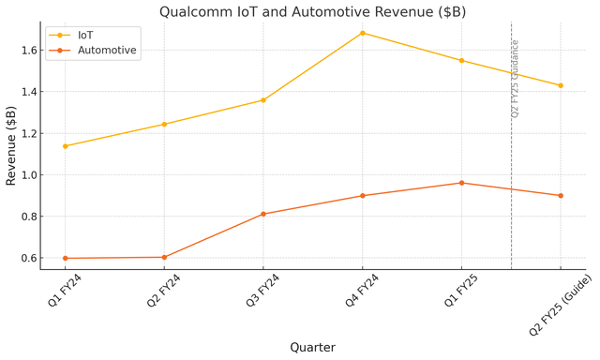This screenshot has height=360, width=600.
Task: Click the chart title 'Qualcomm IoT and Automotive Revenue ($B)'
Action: pos(312,12)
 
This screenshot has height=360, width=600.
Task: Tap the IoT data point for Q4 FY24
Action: pos(363,33)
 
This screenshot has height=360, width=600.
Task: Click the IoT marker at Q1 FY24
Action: pos(65,146)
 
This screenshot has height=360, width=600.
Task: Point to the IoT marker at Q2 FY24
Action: pos(164,124)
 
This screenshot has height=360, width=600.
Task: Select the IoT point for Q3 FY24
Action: pos(263,100)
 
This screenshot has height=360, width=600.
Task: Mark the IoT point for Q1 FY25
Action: pos(461,60)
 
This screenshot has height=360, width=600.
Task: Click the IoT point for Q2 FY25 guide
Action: pos(561,85)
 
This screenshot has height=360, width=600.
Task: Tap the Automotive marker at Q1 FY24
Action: pos(65,258)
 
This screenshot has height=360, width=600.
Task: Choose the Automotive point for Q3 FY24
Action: pos(263,214)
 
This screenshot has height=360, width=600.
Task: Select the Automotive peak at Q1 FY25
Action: pos(461,183)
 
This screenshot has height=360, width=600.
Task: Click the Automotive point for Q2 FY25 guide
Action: pos(561,196)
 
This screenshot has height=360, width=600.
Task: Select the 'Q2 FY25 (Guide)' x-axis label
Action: pos(560,306)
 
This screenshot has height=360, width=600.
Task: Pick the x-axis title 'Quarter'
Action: pos(312,347)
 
